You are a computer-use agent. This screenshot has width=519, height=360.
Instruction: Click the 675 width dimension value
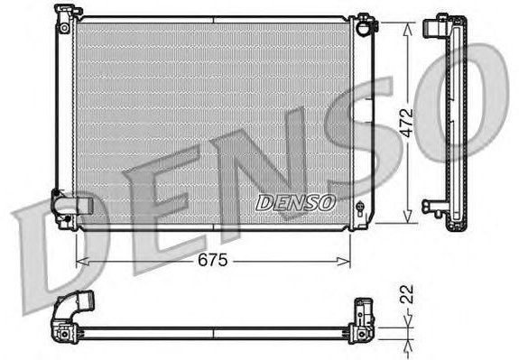click(x=212, y=260)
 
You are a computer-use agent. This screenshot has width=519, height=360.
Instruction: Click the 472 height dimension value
click(x=406, y=123)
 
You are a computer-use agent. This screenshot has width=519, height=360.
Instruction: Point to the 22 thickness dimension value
click(x=406, y=294)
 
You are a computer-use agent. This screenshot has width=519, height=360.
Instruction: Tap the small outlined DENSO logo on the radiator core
click(x=295, y=202)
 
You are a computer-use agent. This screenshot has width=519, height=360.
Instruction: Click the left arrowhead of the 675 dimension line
click(x=82, y=262)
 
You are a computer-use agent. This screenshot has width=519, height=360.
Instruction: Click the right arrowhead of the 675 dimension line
click(x=343, y=262)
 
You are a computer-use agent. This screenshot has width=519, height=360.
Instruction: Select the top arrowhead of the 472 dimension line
click(x=408, y=29)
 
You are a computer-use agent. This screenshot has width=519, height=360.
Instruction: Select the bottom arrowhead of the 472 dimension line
click(x=408, y=217)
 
